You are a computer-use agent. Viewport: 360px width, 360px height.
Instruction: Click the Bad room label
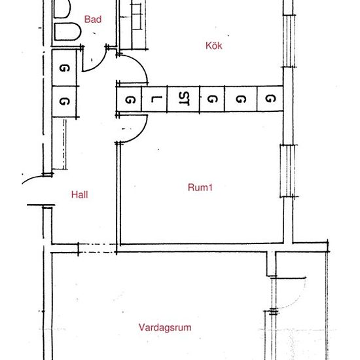pyautogui.click(x=93, y=20)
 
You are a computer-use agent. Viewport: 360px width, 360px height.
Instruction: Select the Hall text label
pyautogui.click(x=79, y=194)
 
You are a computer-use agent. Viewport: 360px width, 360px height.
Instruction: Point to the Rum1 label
pyautogui.click(x=201, y=187)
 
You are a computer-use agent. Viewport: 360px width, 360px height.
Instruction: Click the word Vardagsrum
pyautogui.click(x=165, y=327)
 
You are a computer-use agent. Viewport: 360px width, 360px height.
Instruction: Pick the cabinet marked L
pyautogui.click(x=154, y=99)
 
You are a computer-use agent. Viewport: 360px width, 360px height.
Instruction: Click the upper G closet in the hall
pyautogui.click(x=64, y=68)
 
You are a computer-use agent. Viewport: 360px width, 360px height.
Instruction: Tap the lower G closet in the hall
pyautogui.click(x=64, y=101)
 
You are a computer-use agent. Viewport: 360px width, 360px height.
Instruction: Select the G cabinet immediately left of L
pyautogui.click(x=130, y=99)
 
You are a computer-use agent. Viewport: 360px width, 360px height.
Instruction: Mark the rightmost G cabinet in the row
pyautogui.click(x=270, y=99)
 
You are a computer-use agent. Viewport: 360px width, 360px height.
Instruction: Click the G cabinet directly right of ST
pyautogui.click(x=211, y=99)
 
